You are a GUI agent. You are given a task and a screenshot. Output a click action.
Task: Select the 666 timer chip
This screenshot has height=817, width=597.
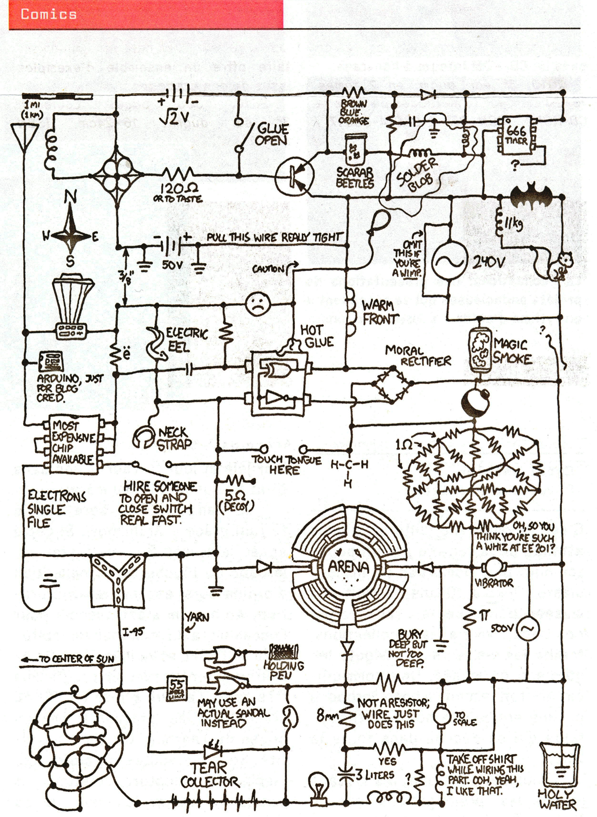coord(516,136)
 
